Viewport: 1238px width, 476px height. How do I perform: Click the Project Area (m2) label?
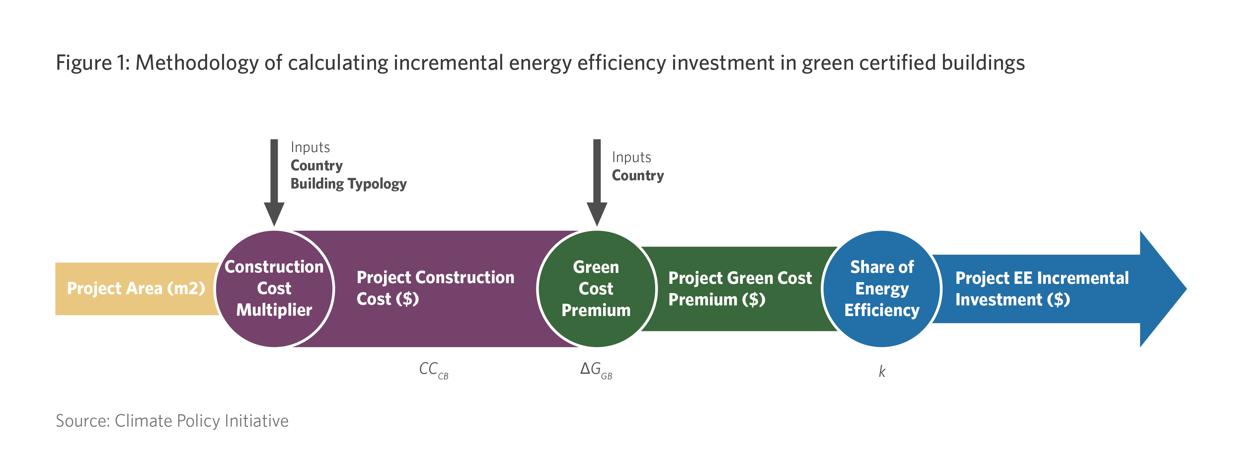coord(136,288)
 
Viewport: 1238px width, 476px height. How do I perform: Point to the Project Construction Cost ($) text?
coord(435,288)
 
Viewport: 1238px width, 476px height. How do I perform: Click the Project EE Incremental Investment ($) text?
coord(1042,288)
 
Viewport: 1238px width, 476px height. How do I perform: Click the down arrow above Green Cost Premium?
coord(597,183)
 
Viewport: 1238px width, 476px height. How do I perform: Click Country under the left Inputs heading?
coord(317,165)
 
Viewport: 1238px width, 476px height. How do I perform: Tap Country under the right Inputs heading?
coord(638,176)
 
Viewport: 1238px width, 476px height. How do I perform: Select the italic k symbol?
coord(882,371)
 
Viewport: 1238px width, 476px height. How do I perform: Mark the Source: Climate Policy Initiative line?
coord(172,421)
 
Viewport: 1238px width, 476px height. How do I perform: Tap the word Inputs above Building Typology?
coord(310,147)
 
